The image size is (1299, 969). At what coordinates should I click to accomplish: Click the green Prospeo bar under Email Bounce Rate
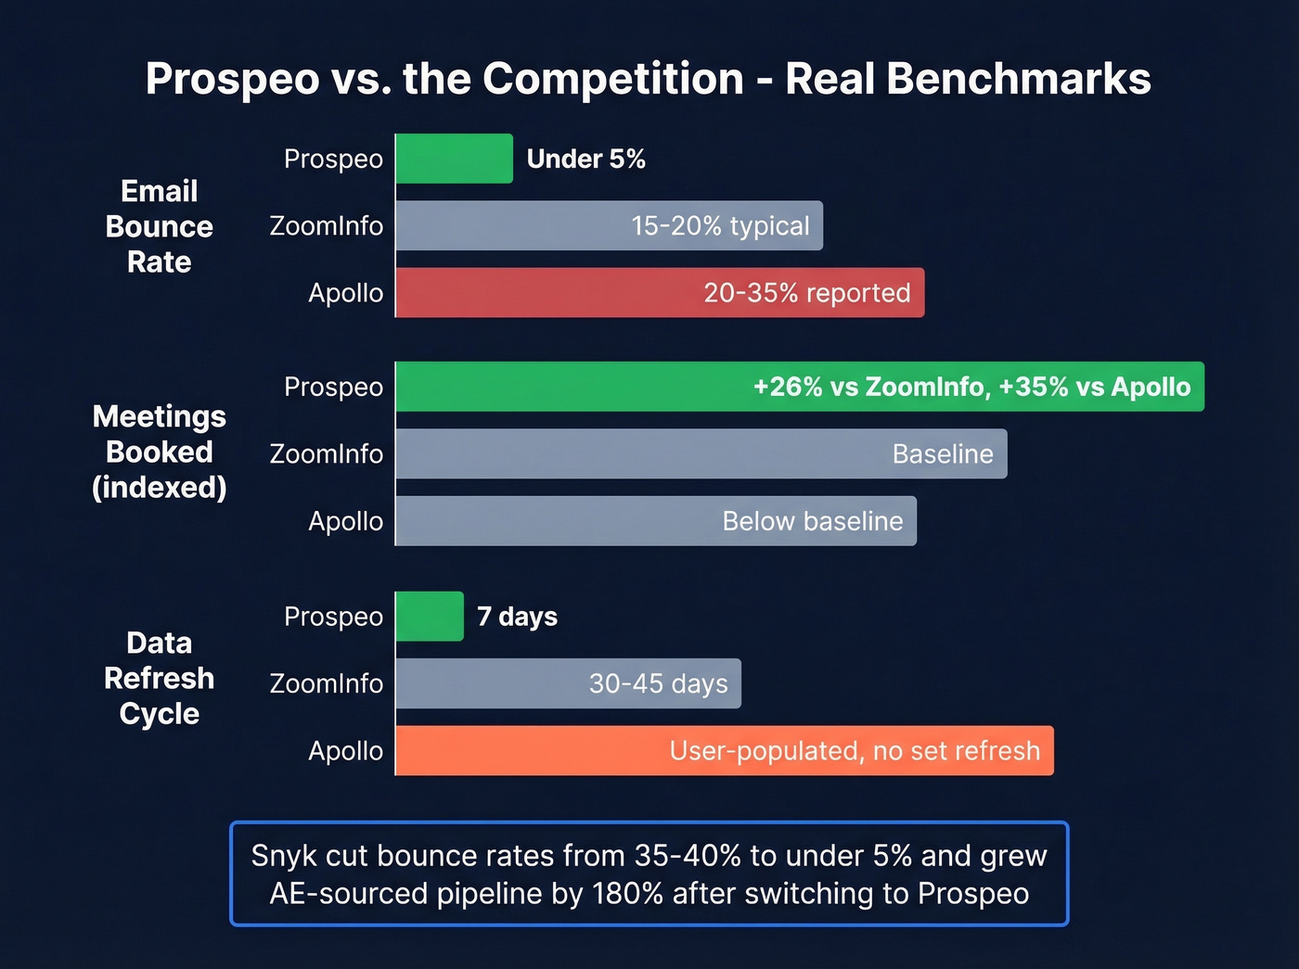click(x=454, y=159)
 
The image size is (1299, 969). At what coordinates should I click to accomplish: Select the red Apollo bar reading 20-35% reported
click(x=660, y=293)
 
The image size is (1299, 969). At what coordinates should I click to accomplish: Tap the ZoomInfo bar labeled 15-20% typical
click(x=609, y=225)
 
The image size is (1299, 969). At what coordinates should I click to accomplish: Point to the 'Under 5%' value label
click(x=585, y=159)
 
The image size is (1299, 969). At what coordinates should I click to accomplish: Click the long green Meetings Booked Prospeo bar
click(x=799, y=387)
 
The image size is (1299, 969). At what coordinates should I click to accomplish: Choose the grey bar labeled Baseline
click(x=701, y=453)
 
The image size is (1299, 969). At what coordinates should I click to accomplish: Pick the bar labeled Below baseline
click(x=655, y=521)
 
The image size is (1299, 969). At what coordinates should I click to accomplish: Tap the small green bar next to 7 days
click(x=430, y=617)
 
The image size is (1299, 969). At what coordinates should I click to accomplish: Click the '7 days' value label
click(x=517, y=617)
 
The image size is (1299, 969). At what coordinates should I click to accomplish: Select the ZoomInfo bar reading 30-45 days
click(x=568, y=683)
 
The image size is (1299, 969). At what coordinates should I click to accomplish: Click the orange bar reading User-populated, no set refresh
click(x=724, y=751)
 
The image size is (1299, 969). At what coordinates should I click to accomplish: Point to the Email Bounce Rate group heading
click(x=160, y=226)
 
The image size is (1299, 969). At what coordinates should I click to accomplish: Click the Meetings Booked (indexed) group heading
click(x=160, y=452)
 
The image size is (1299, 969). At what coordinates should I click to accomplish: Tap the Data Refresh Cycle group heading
click(x=160, y=678)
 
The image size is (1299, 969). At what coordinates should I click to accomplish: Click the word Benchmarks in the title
click(x=1018, y=79)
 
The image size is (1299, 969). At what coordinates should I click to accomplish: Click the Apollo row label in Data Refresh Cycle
click(x=345, y=751)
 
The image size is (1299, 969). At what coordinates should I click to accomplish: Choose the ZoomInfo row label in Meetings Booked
click(x=326, y=454)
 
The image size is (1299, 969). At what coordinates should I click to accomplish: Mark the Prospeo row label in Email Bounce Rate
click(x=333, y=159)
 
